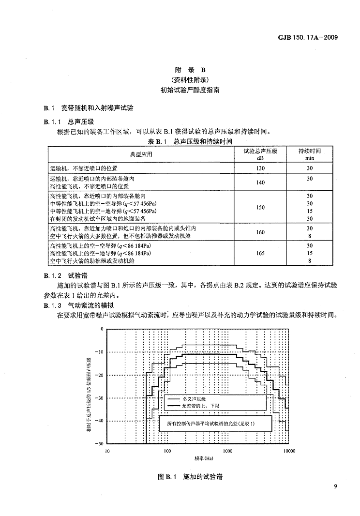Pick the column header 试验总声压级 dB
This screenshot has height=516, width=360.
(x=260, y=154)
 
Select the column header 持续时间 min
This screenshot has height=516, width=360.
(x=310, y=154)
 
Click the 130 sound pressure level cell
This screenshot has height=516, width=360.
(x=260, y=168)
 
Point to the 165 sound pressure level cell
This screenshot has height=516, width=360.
(x=260, y=253)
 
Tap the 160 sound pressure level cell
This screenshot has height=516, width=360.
(x=260, y=232)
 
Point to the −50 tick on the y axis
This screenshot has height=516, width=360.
(x=100, y=443)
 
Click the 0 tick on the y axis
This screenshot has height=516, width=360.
(x=102, y=329)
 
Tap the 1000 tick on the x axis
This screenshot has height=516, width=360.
(x=228, y=451)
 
